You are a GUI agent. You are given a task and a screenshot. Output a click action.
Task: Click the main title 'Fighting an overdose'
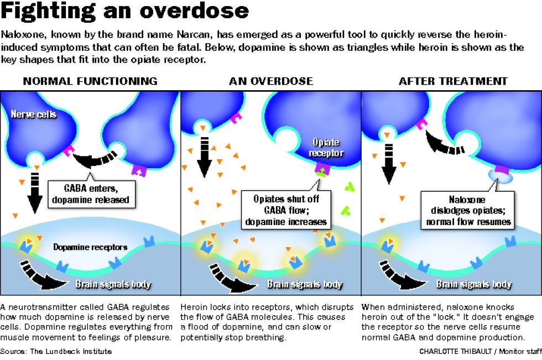(125, 11)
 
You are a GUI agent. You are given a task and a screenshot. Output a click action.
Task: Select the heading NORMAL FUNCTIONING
(90, 81)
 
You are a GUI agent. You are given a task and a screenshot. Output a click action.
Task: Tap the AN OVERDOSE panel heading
(271, 81)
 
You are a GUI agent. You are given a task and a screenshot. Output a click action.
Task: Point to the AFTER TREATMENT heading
(453, 81)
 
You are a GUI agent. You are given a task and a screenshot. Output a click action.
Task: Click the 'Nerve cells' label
(34, 114)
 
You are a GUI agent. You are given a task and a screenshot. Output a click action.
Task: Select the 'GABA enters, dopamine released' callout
(91, 194)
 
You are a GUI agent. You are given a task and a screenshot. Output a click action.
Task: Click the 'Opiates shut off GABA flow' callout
(286, 210)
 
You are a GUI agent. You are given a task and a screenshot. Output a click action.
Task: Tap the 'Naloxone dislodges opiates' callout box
(468, 210)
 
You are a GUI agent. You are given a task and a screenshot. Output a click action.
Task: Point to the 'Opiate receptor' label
(326, 148)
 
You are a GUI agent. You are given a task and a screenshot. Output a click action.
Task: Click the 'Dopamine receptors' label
(90, 247)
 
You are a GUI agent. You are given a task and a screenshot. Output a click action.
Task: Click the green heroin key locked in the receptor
(321, 172)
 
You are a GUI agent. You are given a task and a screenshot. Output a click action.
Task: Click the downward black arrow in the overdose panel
(204, 156)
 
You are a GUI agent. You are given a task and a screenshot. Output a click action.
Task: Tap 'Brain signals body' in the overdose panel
(305, 284)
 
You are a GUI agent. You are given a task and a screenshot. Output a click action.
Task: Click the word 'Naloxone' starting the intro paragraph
(23, 34)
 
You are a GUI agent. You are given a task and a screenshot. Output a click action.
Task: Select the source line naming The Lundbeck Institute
(56, 351)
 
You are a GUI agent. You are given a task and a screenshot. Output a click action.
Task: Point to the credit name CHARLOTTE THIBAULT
(456, 351)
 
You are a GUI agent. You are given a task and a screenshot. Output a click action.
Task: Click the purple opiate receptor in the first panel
(139, 170)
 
